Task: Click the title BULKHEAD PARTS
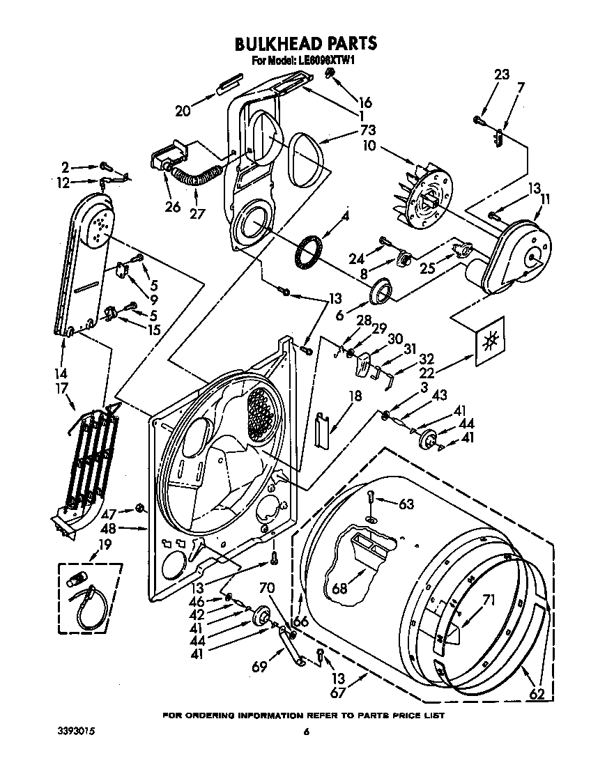coord(306,43)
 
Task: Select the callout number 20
coord(183,110)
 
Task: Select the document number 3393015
coord(77,731)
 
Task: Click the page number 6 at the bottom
coord(305,731)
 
